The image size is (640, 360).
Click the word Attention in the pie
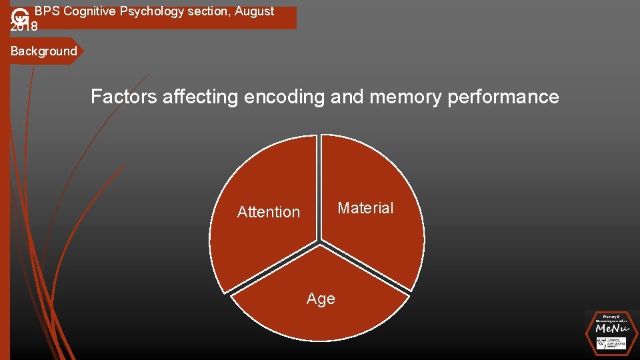click(269, 212)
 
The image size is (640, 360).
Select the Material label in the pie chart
click(365, 208)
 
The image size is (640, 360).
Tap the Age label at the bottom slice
click(321, 299)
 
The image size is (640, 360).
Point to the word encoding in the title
click(285, 97)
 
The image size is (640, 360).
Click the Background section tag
click(44, 51)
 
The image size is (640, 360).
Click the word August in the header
click(254, 11)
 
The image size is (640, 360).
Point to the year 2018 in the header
click(25, 26)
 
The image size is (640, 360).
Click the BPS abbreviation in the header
click(47, 11)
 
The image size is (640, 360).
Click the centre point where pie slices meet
click(319, 241)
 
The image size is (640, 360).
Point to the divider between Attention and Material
click(319, 187)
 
